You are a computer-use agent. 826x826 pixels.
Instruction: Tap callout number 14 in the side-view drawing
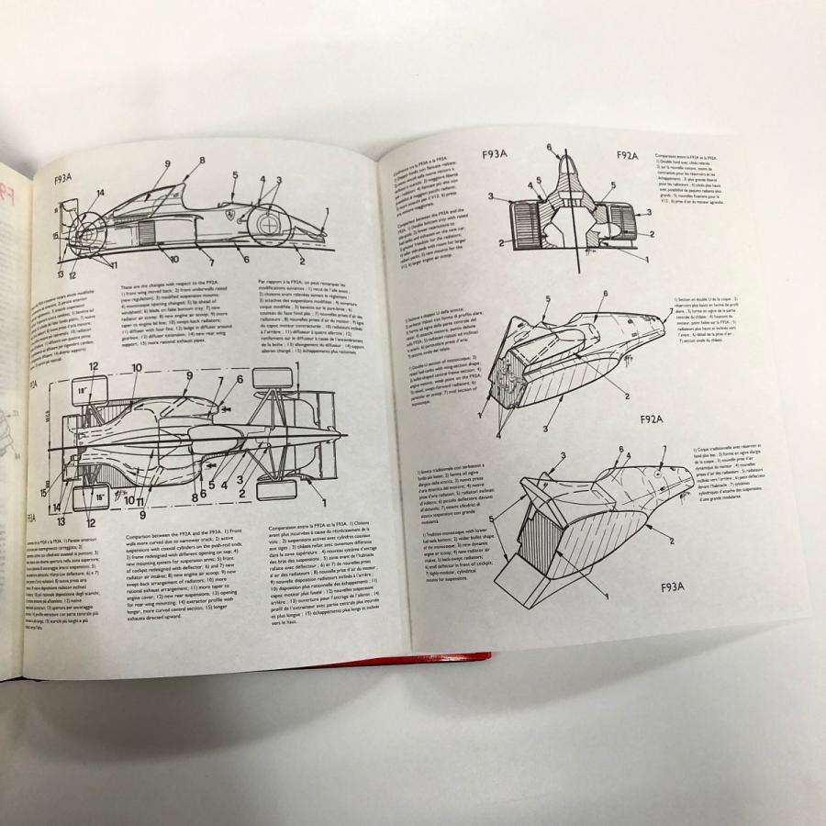pos(100,194)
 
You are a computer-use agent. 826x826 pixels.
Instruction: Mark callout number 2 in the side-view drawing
pos(301,246)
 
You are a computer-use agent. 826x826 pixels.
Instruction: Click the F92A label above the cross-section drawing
pos(627,155)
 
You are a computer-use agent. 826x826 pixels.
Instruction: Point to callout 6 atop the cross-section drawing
pos(550,146)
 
